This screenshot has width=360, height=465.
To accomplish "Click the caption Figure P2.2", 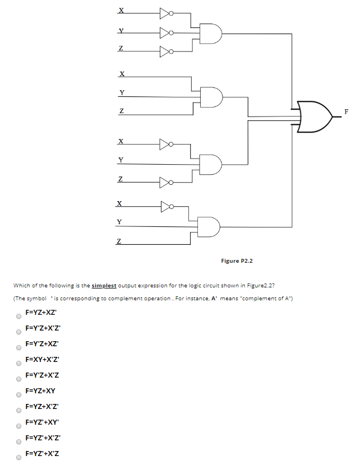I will coord(237,261).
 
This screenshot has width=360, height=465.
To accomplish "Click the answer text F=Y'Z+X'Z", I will coord(43,375).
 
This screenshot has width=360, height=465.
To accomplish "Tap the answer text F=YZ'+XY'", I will coord(43,422).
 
